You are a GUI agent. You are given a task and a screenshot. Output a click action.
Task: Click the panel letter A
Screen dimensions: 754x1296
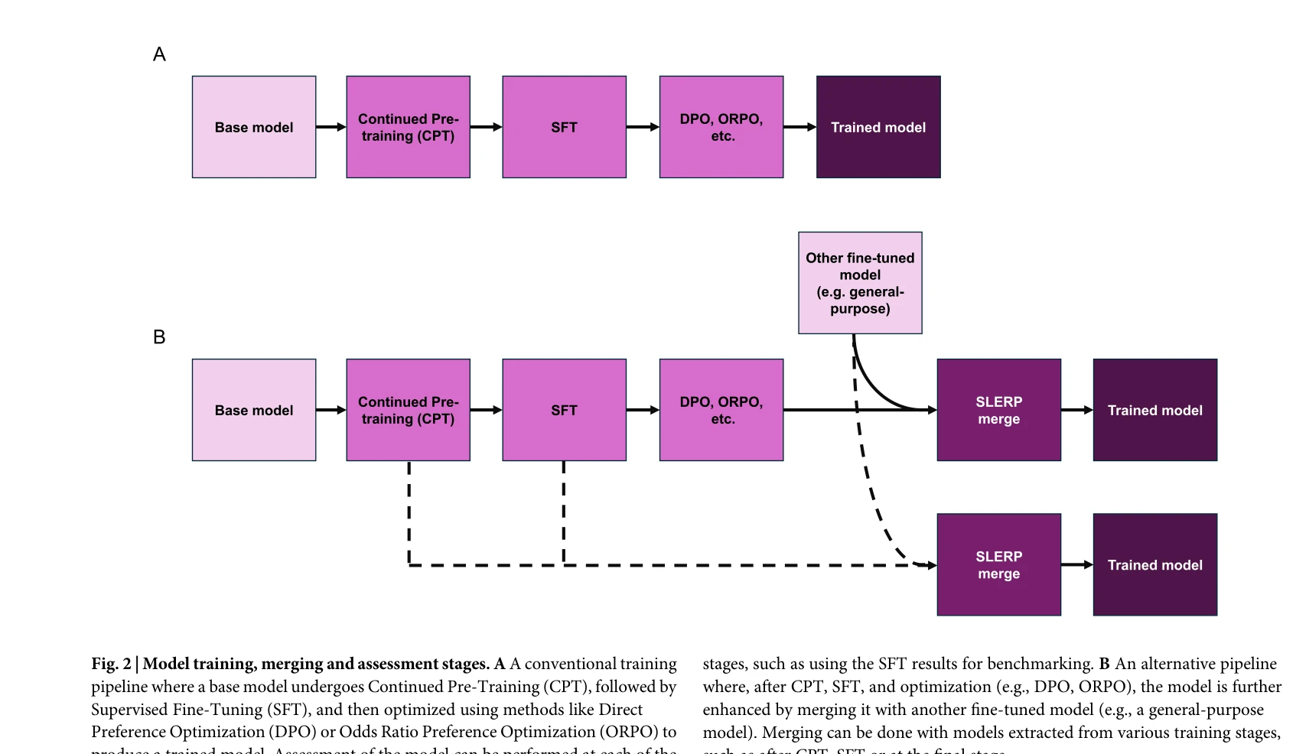159,54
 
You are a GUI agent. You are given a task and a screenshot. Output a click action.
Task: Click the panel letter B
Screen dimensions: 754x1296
159,337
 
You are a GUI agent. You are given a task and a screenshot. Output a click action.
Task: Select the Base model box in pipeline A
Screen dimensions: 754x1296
254,127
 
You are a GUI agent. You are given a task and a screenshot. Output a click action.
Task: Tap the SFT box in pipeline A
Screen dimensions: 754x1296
564,127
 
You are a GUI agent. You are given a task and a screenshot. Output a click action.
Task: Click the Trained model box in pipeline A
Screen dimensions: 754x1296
878,127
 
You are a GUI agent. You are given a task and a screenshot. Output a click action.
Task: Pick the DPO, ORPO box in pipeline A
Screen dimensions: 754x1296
721,127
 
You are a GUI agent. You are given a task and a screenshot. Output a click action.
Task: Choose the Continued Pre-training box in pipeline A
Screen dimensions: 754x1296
408,127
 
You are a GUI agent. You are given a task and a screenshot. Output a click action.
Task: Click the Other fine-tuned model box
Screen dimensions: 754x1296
860,283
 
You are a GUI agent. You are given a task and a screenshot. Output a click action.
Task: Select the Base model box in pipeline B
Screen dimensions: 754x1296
254,410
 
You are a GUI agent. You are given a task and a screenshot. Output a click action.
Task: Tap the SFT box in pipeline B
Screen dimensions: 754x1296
564,410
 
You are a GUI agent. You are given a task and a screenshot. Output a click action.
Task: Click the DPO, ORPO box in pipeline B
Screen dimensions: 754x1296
721,410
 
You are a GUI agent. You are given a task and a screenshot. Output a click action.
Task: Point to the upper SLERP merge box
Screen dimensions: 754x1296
998,410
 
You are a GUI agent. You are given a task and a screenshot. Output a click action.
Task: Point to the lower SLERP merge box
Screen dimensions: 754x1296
998,564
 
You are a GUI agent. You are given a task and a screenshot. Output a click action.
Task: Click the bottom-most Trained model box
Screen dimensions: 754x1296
1154,564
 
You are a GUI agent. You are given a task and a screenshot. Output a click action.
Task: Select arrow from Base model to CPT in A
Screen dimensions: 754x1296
331,127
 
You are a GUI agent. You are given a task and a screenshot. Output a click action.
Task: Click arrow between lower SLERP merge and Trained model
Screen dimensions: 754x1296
1076,564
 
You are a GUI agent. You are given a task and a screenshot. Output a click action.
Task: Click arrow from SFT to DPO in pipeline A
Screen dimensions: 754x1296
642,127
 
